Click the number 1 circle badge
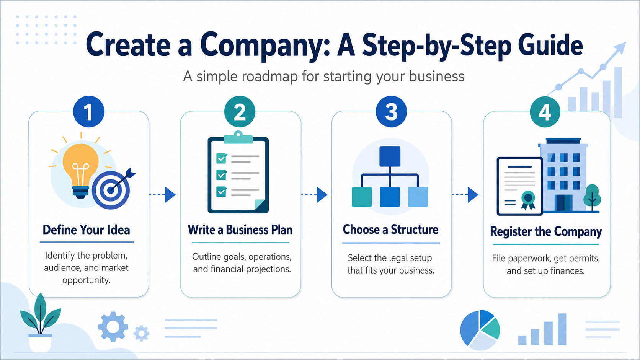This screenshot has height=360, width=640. coord(88,111)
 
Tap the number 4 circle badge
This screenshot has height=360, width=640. coord(545,112)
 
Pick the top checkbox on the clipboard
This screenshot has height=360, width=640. coord(221,158)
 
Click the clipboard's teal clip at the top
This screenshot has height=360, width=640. coord(238,137)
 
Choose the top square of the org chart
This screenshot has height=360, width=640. coord(390,156)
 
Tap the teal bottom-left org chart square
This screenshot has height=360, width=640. coord(362,197)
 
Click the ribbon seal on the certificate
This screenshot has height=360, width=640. coord(528,200)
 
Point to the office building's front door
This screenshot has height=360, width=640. coord(563,203)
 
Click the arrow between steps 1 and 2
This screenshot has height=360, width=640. coord(162,195)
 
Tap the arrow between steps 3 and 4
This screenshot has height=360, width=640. coord(465,195)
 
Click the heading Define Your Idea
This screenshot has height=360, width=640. coord(86,230)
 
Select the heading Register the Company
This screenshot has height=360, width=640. coord(546,231)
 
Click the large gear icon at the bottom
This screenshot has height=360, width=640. coord(113,327)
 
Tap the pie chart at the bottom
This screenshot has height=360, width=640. coord(480,330)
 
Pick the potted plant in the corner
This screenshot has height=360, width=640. coord(40,323)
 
